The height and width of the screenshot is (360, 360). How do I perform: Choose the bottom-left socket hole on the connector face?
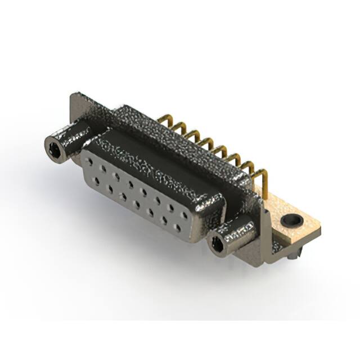point(97,182)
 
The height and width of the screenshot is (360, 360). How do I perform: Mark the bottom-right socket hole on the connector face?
point(178,228)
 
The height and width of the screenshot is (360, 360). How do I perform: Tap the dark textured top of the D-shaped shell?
point(169,141)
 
